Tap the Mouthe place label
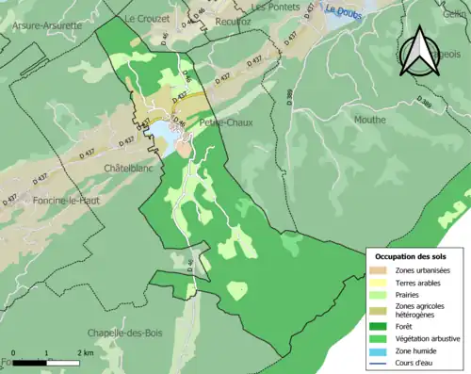point(369,120)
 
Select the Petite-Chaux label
point(222,122)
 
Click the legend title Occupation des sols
point(414,256)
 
